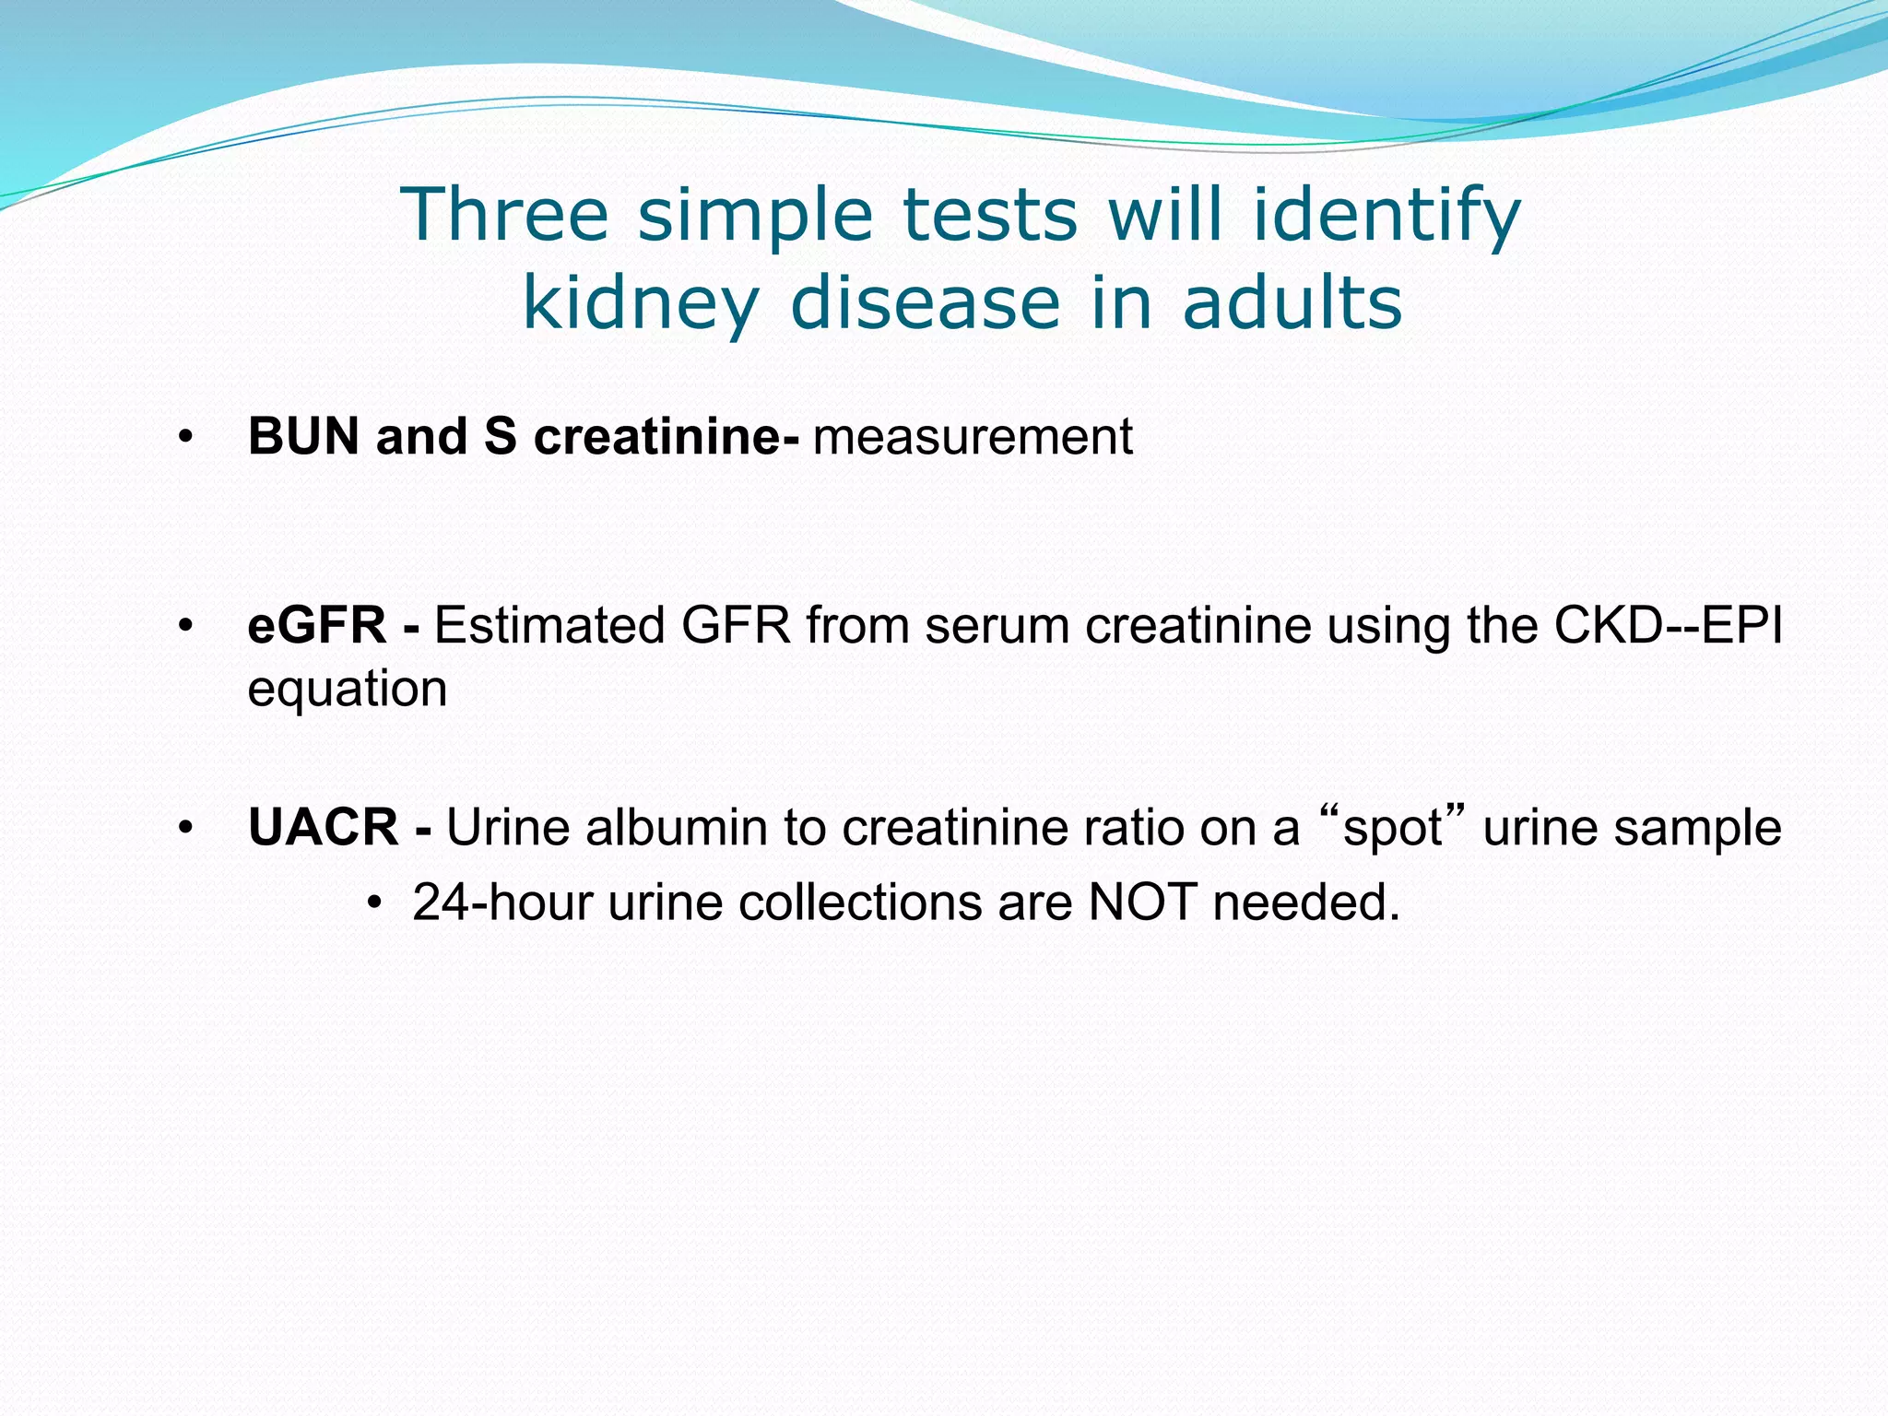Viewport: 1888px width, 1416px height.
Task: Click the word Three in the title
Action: coord(504,214)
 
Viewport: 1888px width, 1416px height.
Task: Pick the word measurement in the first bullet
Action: coord(973,437)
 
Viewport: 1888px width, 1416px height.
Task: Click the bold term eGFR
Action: coord(317,625)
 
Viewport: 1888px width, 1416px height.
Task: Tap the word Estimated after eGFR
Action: coord(549,625)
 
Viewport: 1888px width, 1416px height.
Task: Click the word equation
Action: coord(348,690)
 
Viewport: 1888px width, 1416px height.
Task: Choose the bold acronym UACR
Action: coord(324,827)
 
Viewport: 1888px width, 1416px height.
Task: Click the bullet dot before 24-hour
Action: coord(373,903)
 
